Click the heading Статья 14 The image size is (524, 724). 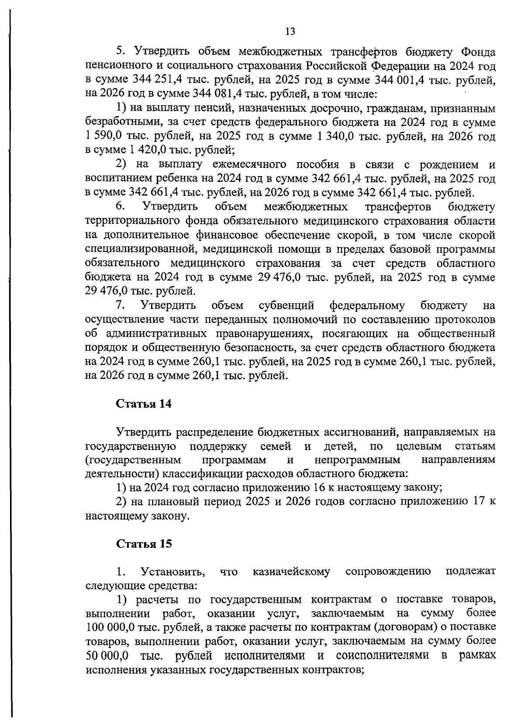coord(144,404)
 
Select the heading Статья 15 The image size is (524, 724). coord(144,544)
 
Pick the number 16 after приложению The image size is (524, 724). coord(321,488)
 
